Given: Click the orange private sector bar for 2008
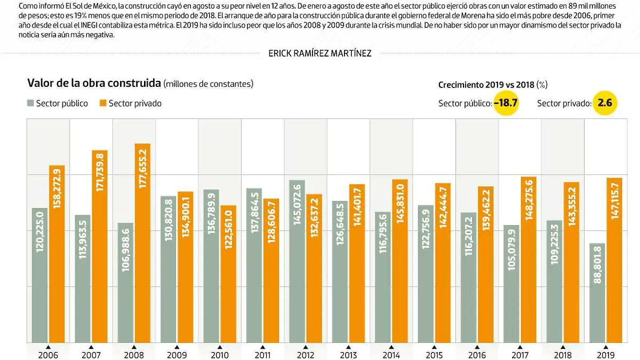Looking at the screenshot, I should [142, 243].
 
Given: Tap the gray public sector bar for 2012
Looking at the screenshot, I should [297, 261].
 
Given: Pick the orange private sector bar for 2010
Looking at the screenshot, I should [228, 274].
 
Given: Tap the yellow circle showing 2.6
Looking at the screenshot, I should [605, 103].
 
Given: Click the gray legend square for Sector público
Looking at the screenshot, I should [31, 103].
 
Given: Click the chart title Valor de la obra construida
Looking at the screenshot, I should [94, 84].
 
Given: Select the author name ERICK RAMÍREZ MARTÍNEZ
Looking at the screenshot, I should [320, 53].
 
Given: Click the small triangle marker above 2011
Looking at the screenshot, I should [262, 347].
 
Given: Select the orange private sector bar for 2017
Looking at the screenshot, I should [528, 259].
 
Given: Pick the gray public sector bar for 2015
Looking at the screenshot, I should [426, 274].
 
